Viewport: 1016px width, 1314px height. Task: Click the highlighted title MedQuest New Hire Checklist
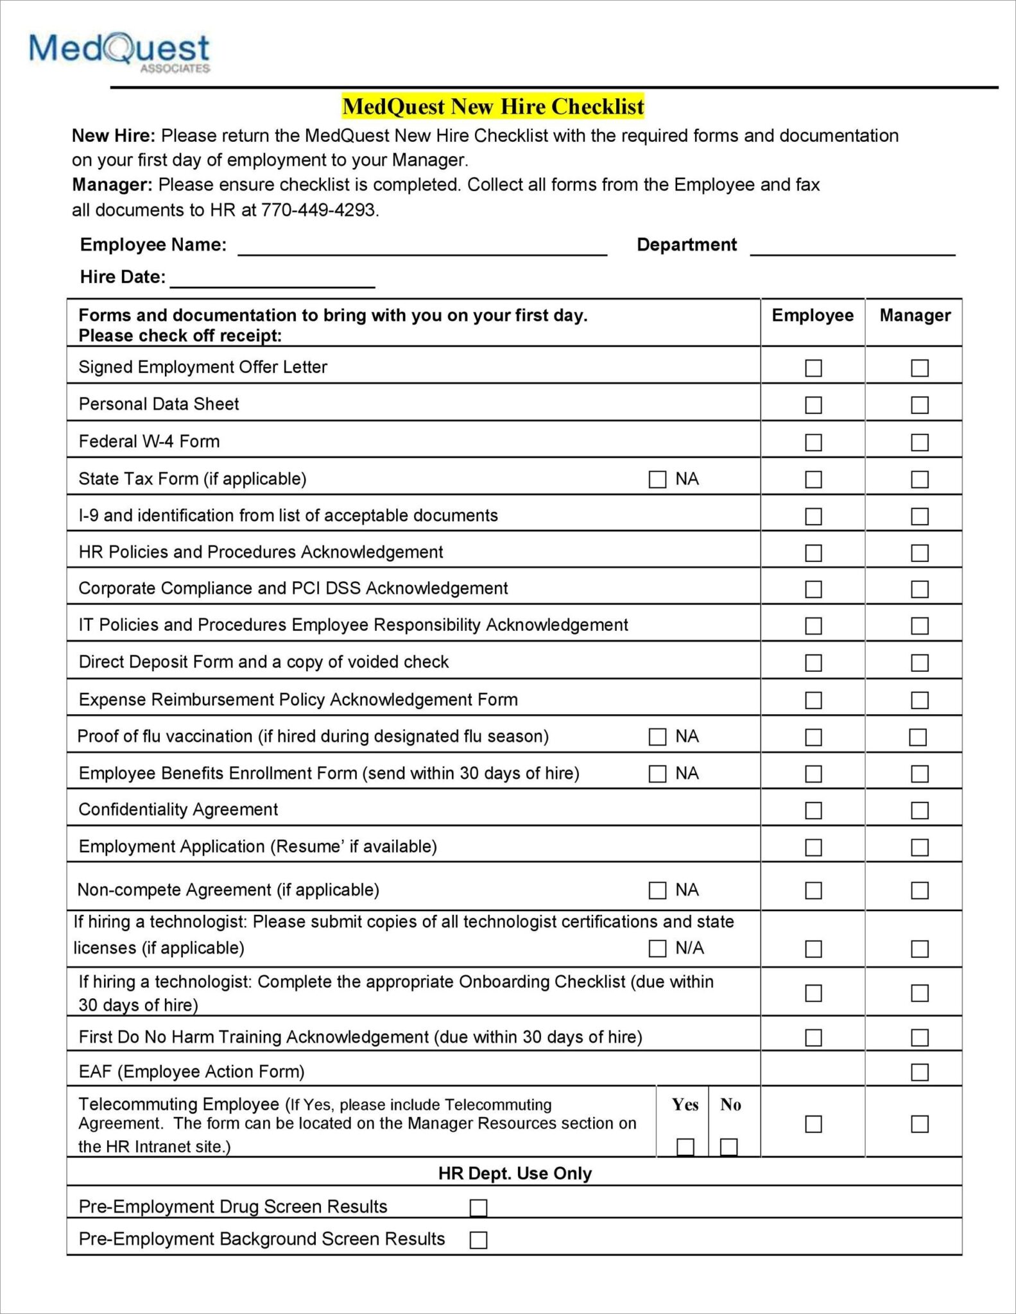tap(493, 107)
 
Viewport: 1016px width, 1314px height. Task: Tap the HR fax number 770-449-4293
tap(318, 210)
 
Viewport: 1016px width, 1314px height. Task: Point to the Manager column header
tap(915, 315)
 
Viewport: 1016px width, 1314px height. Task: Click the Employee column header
tap(813, 315)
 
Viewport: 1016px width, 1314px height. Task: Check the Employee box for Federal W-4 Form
tap(813, 442)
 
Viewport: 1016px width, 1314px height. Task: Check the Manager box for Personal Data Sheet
tap(920, 405)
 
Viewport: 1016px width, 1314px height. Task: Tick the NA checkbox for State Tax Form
tap(657, 479)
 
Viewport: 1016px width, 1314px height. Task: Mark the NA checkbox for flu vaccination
tap(657, 737)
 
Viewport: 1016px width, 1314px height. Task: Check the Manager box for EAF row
tap(920, 1072)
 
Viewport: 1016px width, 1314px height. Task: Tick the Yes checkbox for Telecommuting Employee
tap(685, 1147)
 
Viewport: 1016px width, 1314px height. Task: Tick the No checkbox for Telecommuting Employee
tap(728, 1147)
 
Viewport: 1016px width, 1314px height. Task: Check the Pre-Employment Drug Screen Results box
tap(478, 1207)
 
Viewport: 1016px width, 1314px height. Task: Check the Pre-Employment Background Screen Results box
tap(478, 1240)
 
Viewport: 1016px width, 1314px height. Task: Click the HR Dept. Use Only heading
tap(515, 1173)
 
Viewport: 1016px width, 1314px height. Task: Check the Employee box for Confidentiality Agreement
tap(813, 810)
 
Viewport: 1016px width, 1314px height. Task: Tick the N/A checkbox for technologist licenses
tap(657, 948)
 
